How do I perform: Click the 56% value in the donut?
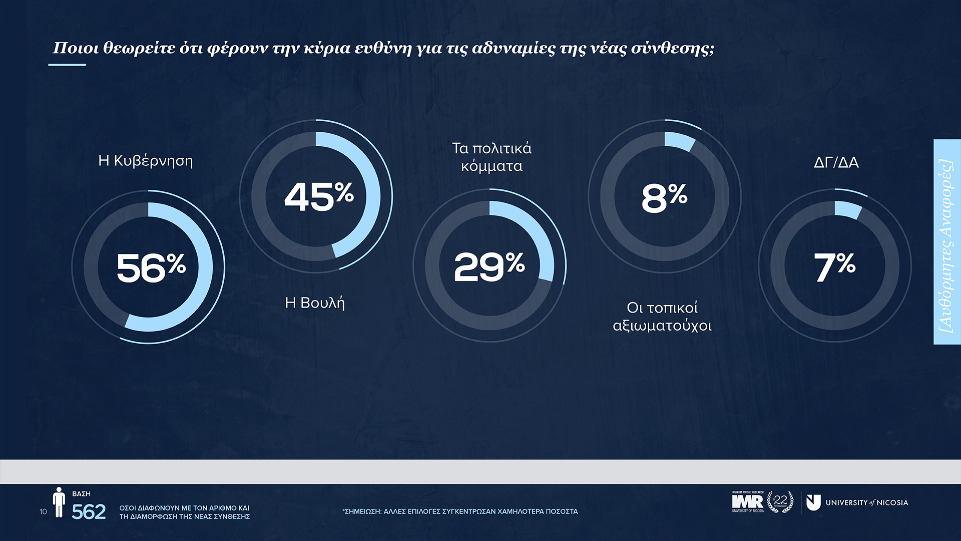[151, 267]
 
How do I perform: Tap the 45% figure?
[319, 196]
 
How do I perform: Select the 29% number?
[489, 266]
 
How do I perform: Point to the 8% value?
[664, 197]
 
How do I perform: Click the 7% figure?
[834, 266]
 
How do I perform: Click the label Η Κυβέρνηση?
[145, 161]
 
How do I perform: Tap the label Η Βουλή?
[315, 303]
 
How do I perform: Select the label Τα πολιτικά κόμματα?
[492, 157]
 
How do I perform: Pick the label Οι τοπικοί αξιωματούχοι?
[662, 317]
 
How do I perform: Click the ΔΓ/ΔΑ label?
[836, 162]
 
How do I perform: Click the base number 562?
[89, 512]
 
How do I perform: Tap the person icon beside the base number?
[59, 502]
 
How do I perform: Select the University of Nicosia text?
[866, 502]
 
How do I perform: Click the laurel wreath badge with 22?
[780, 501]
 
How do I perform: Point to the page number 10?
[43, 511]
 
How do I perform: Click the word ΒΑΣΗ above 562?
[81, 494]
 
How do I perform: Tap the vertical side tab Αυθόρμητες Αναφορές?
[946, 242]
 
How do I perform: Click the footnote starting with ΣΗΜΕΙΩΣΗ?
[459, 511]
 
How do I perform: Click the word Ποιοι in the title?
[75, 48]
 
